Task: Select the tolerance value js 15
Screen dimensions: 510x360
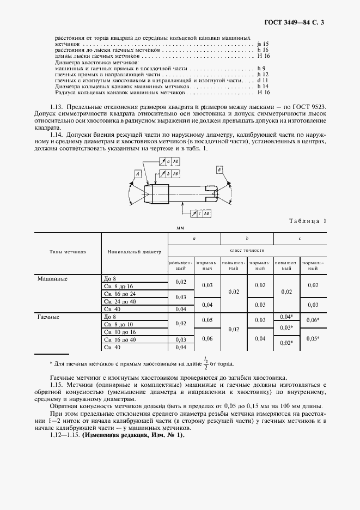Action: coord(262,43)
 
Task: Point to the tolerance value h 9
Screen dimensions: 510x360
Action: coord(260,68)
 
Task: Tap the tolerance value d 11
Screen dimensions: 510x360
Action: coord(262,80)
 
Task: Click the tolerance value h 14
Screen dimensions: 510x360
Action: coord(262,86)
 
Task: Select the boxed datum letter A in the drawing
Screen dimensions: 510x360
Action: coord(138,173)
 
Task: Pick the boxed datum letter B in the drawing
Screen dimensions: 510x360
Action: coord(219,169)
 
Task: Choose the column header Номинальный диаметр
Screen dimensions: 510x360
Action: coord(135,252)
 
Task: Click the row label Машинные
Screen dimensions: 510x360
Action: coord(52,278)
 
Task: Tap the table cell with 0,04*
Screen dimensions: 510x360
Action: coord(286,317)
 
